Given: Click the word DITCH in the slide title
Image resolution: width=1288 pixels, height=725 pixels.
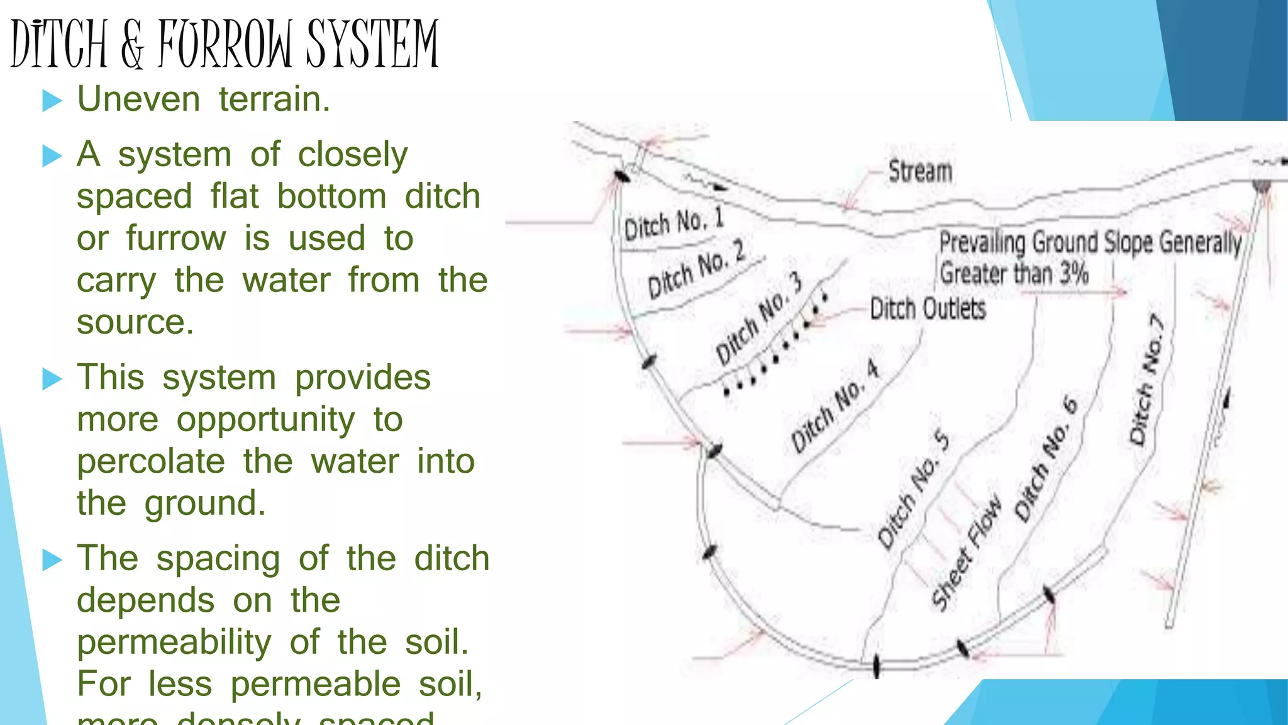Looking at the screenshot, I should (x=60, y=44).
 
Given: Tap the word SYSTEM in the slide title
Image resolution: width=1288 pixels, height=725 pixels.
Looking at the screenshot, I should (x=372, y=44).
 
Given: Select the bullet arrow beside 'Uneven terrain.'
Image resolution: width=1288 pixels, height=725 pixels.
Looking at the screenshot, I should (x=52, y=101).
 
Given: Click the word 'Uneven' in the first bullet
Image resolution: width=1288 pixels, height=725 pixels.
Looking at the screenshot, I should (x=138, y=99).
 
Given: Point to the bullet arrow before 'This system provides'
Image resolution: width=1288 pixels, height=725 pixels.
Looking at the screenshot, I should (x=52, y=379).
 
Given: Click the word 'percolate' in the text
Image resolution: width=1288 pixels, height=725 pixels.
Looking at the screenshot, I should (x=151, y=461).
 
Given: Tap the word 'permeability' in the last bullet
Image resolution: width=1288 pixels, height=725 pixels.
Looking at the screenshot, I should (x=174, y=643).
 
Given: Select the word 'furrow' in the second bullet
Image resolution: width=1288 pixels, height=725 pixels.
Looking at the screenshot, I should (x=175, y=239).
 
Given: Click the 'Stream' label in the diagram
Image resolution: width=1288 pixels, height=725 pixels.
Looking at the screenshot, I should (x=920, y=171).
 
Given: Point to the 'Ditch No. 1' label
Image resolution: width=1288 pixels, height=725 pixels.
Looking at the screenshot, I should (x=674, y=224).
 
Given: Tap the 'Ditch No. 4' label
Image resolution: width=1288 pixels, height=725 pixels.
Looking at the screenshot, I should (x=835, y=407).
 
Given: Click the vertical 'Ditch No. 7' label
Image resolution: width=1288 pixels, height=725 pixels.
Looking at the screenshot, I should (x=1146, y=381).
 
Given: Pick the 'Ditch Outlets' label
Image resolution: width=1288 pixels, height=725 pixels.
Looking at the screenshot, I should (x=928, y=309).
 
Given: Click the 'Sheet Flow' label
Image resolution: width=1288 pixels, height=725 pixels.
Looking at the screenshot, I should (x=967, y=554).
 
